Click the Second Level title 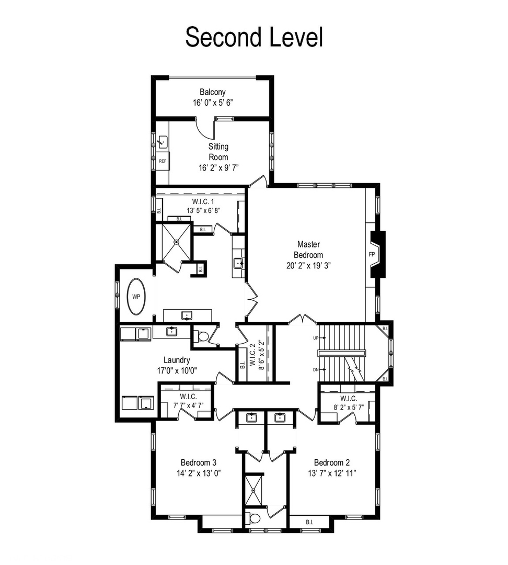(254, 37)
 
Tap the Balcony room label (212, 92)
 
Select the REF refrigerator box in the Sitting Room (163, 161)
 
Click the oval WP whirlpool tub (136, 297)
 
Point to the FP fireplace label (372, 254)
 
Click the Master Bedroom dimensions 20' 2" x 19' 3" (308, 266)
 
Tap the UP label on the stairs (316, 338)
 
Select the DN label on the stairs (316, 370)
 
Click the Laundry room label (177, 360)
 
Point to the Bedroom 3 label (199, 462)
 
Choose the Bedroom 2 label (331, 462)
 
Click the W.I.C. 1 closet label (203, 201)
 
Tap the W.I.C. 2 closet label (252, 355)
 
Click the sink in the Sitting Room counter (163, 142)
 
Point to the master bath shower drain (177, 242)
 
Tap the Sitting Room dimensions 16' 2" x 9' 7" (218, 167)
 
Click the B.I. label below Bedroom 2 (309, 522)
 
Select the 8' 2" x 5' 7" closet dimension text (349, 408)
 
